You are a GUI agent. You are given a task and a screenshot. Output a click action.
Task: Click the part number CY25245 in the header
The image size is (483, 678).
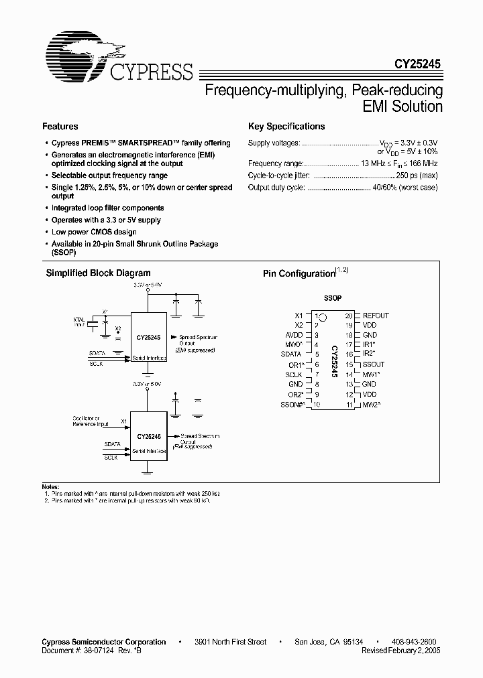click(417, 66)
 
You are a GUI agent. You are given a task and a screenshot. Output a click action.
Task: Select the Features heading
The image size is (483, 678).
click(60, 127)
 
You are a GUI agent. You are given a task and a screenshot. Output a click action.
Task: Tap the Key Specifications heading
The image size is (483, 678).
click(286, 127)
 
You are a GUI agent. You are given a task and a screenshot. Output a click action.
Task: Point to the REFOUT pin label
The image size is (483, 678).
click(376, 316)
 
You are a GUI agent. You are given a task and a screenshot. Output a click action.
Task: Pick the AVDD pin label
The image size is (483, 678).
click(294, 335)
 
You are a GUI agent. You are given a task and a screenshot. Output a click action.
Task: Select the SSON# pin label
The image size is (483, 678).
click(292, 405)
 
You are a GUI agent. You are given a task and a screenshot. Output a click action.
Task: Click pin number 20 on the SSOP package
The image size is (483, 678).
click(349, 316)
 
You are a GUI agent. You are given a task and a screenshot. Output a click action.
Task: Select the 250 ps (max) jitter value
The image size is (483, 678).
click(415, 176)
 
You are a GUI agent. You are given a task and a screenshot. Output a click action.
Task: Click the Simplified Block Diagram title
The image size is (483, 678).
click(98, 273)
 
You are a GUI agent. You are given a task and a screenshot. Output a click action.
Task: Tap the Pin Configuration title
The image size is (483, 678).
click(298, 274)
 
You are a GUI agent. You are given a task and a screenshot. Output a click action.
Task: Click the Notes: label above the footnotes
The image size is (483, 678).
click(51, 486)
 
